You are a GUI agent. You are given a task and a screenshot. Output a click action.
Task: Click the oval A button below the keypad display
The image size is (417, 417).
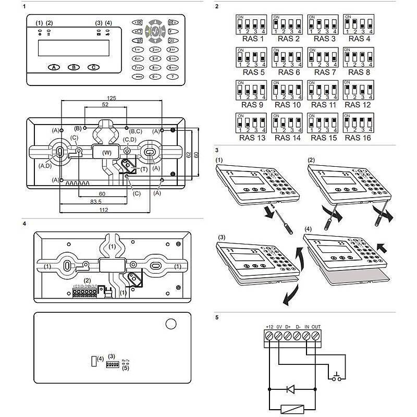pos(55,68)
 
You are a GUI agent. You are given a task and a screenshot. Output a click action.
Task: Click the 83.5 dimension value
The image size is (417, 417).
pos(95,202)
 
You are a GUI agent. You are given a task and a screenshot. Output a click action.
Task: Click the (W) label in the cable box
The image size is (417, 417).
pos(106,153)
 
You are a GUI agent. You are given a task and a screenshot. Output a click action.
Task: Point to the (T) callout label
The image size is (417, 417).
pos(143,169)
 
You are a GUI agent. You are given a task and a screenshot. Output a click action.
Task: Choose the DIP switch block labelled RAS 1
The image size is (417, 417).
pos(252,24)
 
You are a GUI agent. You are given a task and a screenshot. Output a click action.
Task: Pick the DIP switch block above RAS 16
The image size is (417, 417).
pos(358,123)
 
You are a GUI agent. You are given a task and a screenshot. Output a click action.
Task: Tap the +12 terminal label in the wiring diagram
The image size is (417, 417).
pos(269,327)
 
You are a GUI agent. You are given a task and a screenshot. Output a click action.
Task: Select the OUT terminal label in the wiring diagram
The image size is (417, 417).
pos(317,327)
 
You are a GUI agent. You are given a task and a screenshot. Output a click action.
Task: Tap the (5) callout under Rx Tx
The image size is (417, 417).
pos(125,369)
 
